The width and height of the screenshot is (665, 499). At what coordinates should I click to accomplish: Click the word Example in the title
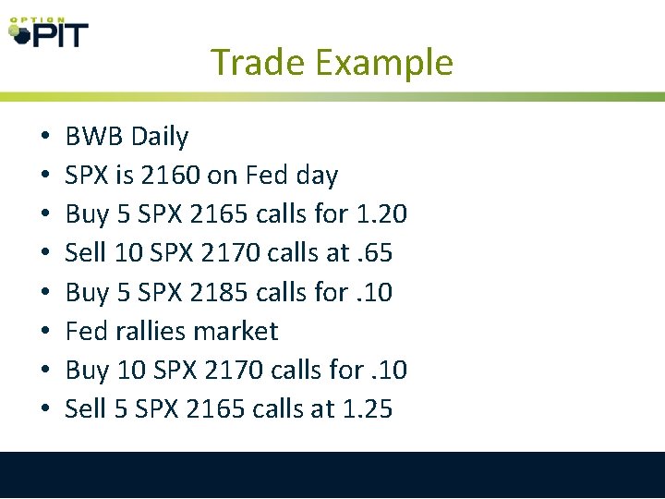click(x=383, y=63)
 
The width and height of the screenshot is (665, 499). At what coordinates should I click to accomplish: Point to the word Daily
click(x=160, y=137)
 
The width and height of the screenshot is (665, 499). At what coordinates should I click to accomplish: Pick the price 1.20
click(x=381, y=214)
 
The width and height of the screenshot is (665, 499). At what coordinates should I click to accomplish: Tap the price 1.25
click(x=366, y=408)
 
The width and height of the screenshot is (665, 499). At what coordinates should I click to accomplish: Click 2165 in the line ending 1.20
click(x=216, y=214)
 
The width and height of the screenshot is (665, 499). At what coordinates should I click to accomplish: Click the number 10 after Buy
click(x=127, y=370)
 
